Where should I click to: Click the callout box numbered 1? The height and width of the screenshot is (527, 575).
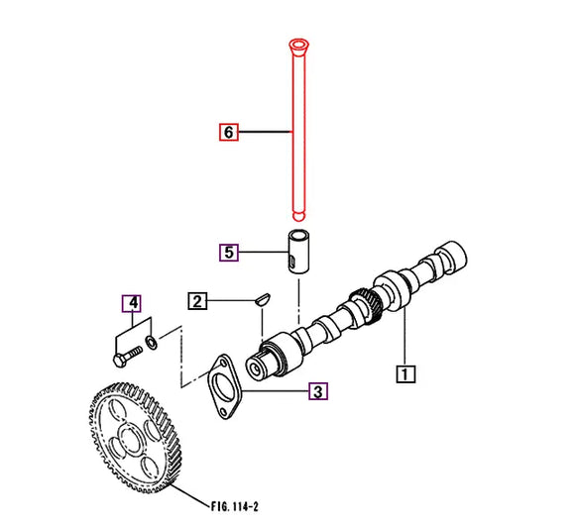(406, 374)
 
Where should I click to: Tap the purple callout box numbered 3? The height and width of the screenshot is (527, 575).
(317, 392)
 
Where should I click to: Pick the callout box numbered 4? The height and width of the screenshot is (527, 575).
(131, 302)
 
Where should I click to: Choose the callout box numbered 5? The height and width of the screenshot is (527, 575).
(229, 252)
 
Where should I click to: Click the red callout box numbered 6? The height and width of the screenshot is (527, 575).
(229, 131)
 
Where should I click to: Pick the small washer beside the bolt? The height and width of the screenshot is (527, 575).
(151, 343)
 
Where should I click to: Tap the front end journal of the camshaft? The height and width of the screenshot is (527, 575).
(261, 366)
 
